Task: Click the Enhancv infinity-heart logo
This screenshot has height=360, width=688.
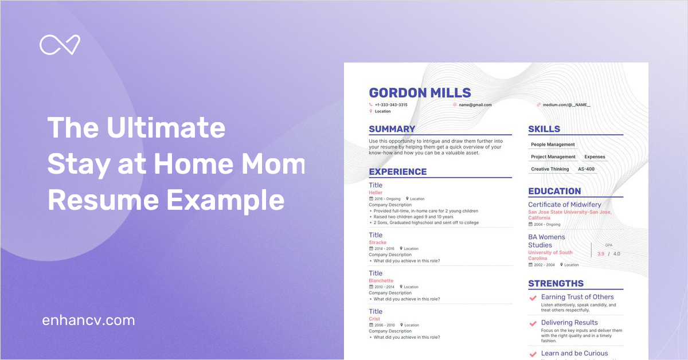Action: point(60,45)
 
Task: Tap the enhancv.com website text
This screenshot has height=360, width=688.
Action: point(88,320)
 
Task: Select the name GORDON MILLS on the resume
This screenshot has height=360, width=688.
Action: point(420,93)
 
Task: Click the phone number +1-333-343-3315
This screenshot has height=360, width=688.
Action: point(391,105)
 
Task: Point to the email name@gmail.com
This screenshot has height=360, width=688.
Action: point(475,105)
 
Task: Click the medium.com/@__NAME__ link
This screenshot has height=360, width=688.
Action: point(566,105)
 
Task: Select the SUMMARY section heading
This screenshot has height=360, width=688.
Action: point(392,129)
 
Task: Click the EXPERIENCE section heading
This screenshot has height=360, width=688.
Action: point(397,171)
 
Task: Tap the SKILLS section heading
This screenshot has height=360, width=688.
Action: point(544,129)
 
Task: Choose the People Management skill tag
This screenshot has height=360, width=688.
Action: point(553,144)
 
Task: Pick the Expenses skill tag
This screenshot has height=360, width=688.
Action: point(595,156)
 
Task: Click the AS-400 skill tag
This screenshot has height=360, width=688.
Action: point(586,169)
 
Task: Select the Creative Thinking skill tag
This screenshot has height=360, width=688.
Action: point(550,169)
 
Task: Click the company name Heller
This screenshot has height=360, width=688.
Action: point(376,193)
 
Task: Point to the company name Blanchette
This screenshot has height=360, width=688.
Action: point(381,281)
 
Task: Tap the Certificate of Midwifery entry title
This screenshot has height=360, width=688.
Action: point(565,205)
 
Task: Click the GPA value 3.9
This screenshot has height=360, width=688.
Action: point(600,254)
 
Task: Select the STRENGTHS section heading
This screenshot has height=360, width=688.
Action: point(556,283)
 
